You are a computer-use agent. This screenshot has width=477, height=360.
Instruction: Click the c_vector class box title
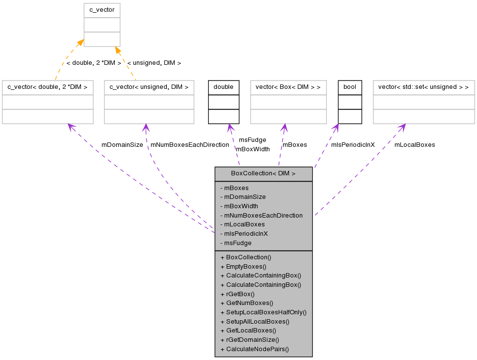coord(102,10)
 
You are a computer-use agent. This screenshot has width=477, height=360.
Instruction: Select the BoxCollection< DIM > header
coord(264,174)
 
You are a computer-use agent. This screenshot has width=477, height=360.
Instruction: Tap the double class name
coord(224,87)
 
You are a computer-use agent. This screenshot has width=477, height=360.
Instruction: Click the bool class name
coord(350,87)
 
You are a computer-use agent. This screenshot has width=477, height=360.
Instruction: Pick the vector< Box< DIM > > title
coord(288,87)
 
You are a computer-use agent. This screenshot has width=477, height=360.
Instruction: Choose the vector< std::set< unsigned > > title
coord(424,87)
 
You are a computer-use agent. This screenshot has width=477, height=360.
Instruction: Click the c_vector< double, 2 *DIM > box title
coord(48,87)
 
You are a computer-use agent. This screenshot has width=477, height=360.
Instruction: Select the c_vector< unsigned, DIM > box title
coord(149,87)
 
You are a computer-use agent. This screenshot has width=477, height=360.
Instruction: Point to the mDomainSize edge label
coord(122,145)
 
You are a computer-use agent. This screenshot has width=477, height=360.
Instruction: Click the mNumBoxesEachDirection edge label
coord(189,145)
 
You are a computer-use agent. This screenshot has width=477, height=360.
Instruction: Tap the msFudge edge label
coord(252,140)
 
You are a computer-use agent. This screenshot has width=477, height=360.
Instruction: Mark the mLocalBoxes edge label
coord(415,145)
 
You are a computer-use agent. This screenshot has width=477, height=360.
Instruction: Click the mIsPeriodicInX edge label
coord(353,145)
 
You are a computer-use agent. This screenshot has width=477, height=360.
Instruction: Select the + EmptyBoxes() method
coord(243,267)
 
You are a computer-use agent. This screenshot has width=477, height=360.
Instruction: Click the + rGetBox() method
coord(238,294)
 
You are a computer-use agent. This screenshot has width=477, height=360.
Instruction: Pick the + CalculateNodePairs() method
coord(255,349)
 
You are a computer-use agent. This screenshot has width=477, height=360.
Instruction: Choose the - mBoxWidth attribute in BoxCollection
coord(239,206)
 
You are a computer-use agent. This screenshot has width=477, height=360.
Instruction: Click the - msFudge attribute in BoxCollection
coord(236,243)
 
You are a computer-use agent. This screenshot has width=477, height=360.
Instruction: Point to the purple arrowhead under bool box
coord(336,128)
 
